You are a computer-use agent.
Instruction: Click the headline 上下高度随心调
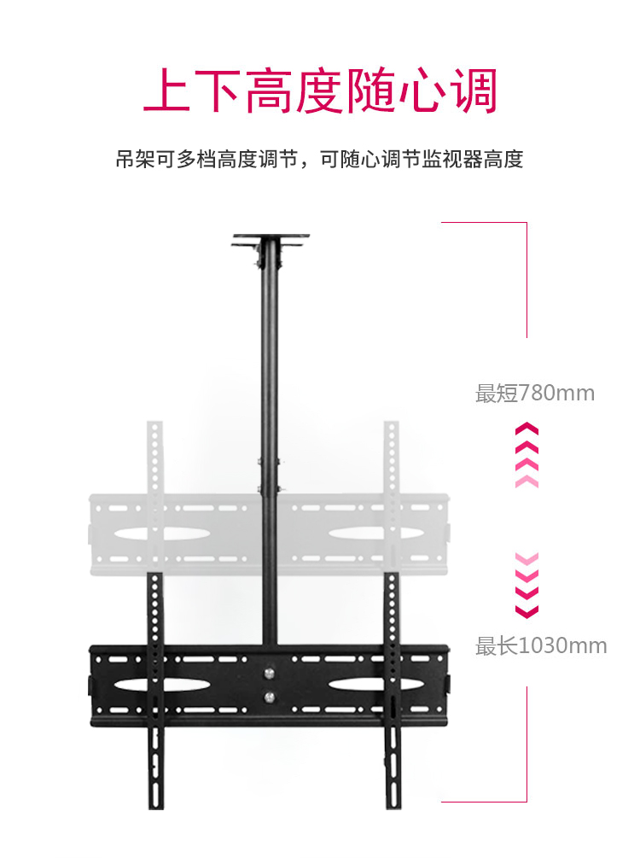(320, 91)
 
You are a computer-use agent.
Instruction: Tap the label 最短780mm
(534, 394)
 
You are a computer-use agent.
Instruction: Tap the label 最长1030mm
(541, 645)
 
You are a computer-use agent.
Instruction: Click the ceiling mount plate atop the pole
(270, 240)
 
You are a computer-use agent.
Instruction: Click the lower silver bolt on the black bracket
(271, 697)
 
